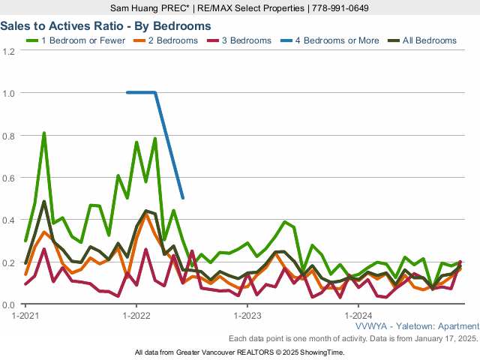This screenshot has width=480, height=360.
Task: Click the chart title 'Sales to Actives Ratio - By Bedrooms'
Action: tap(105, 25)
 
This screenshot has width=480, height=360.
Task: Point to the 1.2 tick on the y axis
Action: tap(9, 51)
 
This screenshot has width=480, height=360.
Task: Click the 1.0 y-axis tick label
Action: tap(9, 93)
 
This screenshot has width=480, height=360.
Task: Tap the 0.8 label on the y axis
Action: tap(9, 136)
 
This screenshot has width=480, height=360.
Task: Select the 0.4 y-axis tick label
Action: tap(9, 220)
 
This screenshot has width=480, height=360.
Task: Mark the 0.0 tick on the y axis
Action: tap(9, 304)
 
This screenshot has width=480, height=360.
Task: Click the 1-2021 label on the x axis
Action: tap(26, 316)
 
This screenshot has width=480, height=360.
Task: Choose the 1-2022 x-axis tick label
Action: tap(136, 316)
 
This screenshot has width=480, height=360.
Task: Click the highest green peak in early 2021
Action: tap(44, 133)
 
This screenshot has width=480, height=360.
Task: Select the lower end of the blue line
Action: tap(183, 198)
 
